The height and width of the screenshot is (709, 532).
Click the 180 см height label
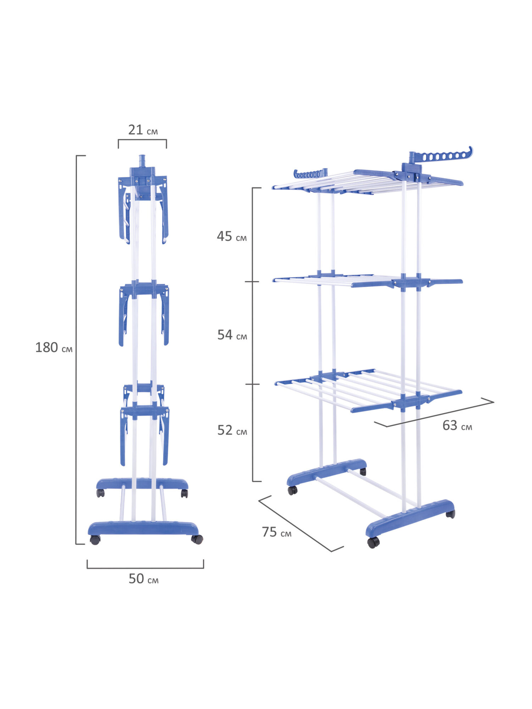tap(54, 347)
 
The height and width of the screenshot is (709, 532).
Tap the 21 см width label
tap(143, 130)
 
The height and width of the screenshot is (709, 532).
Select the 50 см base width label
tap(143, 579)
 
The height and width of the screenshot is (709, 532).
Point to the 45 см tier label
tap(232, 236)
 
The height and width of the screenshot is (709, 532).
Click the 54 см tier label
tap(232, 335)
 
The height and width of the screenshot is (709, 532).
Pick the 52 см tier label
tap(232, 430)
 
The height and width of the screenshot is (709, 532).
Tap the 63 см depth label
tap(457, 425)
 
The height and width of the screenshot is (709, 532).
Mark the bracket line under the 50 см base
tap(145, 568)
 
